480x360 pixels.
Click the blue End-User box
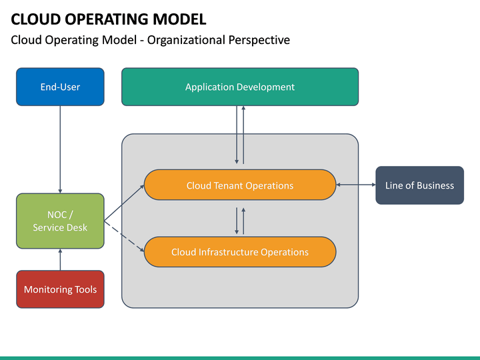(x=60, y=87)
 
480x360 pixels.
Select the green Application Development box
(x=239, y=87)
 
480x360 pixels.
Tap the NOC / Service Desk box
(x=60, y=221)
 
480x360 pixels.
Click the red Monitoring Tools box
(x=60, y=289)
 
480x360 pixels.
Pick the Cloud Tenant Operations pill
(x=239, y=185)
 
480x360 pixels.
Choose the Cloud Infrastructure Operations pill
(x=239, y=252)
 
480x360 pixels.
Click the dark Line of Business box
(x=419, y=185)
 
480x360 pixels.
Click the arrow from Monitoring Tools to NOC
(x=60, y=259)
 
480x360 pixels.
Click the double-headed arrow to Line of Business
(x=356, y=185)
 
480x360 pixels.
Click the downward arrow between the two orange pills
(x=237, y=220)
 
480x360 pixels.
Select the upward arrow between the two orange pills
(x=243, y=220)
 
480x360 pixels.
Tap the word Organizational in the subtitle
(x=186, y=40)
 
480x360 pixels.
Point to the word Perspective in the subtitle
(x=259, y=40)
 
